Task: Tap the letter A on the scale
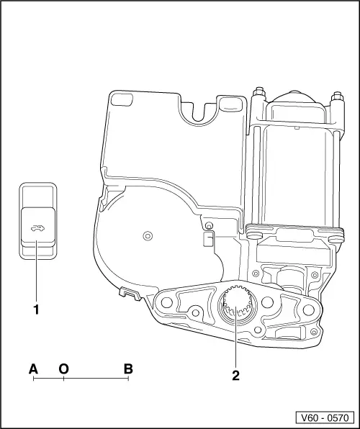tap(33, 369)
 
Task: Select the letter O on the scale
tap(63, 369)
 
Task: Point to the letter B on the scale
tap(128, 369)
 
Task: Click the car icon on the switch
tap(36, 230)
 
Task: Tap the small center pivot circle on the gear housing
tap(148, 235)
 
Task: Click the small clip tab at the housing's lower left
tap(128, 292)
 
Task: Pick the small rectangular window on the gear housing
tap(209, 239)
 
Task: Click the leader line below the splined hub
tap(235, 349)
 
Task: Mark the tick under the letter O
tap(63, 379)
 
